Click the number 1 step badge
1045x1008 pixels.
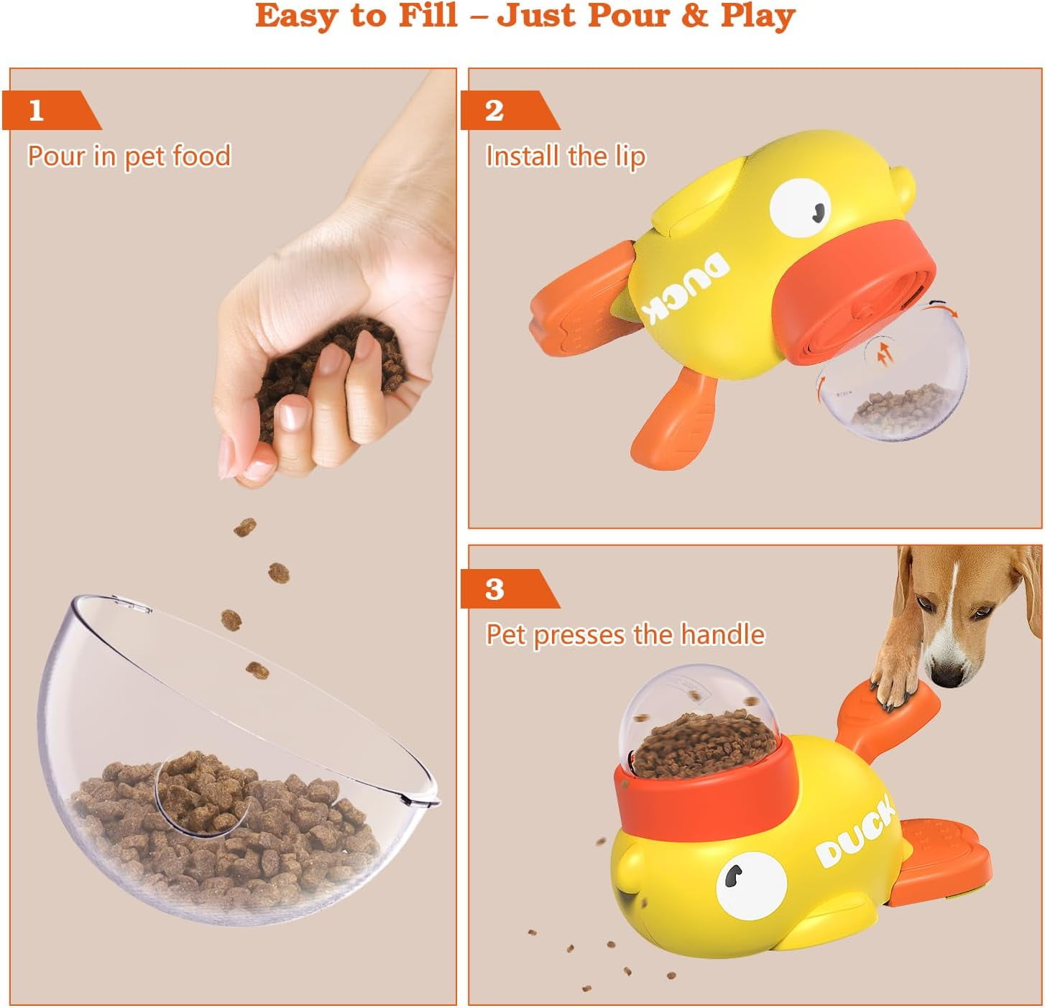[x=51, y=110]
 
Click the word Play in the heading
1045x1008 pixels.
[x=758, y=16]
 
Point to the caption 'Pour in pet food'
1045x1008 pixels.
[x=129, y=156]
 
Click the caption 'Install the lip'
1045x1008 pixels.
[x=566, y=156]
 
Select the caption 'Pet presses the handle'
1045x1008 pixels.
[x=625, y=634]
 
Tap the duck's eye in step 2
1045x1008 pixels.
[x=800, y=208]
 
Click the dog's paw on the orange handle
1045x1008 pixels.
[x=893, y=684]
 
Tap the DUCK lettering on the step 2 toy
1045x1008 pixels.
[x=688, y=288]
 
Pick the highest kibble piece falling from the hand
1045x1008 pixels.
[x=245, y=527]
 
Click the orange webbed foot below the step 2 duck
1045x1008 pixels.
[x=674, y=417]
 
